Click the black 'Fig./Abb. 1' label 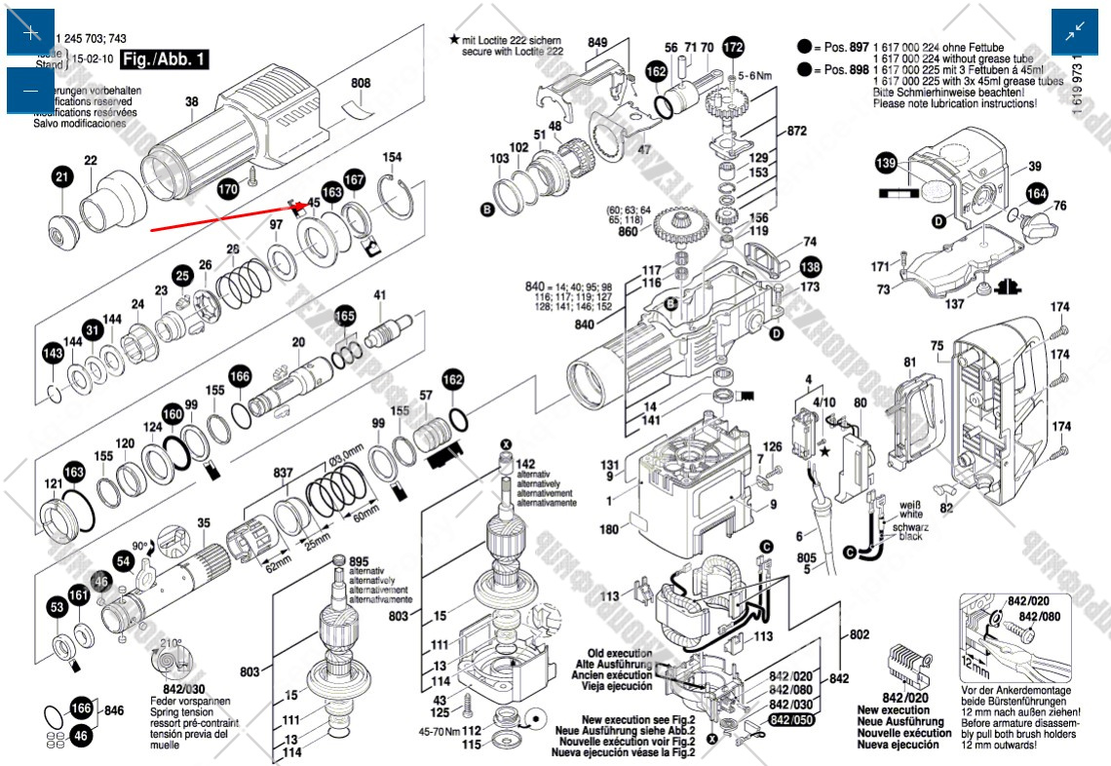[166, 59]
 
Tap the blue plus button [31, 32]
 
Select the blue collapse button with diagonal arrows [1075, 32]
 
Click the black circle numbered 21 [63, 176]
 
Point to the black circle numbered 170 [228, 189]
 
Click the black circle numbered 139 [886, 164]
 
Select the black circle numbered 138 [810, 267]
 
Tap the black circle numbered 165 [345, 316]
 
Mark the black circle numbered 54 [124, 561]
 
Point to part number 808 [361, 84]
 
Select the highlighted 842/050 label [792, 719]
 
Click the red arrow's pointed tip [304, 206]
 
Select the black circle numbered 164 [1036, 195]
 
